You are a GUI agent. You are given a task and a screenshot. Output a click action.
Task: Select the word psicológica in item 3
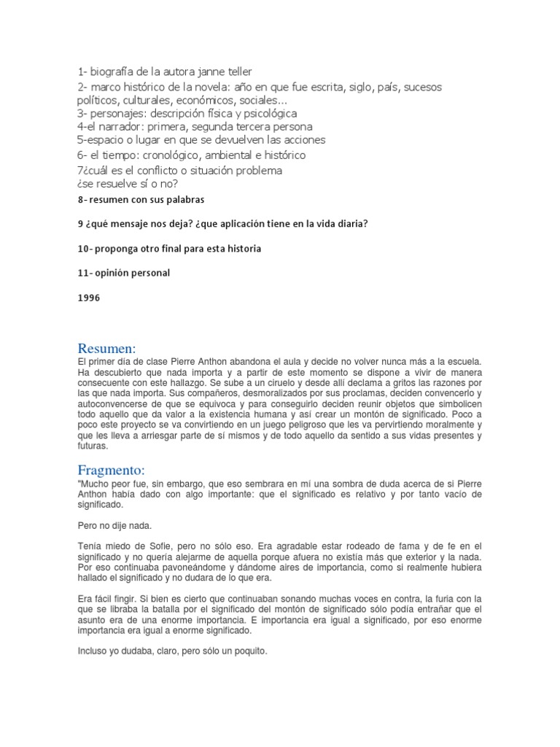(x=262, y=113)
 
